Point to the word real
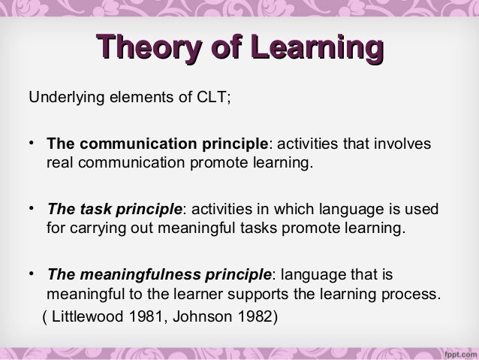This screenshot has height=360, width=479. click(x=59, y=162)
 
